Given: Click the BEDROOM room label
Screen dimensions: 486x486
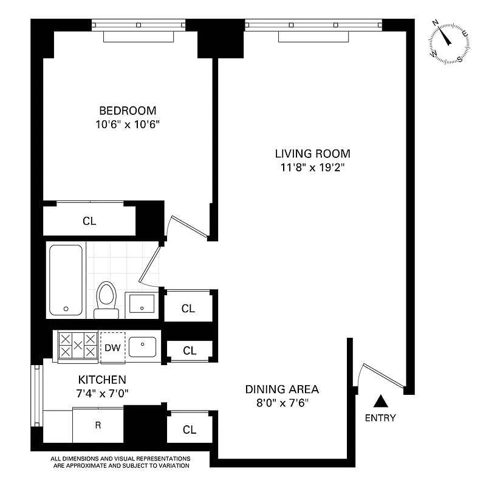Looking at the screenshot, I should [x=128, y=111].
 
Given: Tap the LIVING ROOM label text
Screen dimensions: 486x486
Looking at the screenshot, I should [x=312, y=154].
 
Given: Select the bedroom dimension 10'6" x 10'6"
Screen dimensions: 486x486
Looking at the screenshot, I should [x=128, y=125].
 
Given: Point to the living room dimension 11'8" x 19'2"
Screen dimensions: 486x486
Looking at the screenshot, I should [x=312, y=168].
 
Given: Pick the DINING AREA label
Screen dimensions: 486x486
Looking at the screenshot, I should [x=282, y=389].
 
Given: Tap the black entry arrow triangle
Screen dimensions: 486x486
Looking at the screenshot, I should [x=380, y=400].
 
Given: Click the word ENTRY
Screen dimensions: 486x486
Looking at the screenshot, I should [x=380, y=418].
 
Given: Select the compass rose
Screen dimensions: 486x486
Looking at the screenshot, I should [x=449, y=41].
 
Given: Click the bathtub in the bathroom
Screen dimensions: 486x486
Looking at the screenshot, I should [x=66, y=279].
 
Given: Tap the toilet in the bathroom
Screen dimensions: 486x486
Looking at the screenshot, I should [x=107, y=299].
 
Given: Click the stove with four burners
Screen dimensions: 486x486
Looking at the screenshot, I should [x=77, y=346].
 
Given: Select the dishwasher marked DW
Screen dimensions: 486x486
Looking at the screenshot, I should [x=112, y=348].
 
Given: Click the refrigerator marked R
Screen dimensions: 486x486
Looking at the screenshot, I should [x=98, y=425].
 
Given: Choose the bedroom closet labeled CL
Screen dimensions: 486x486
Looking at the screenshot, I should [x=89, y=221].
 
